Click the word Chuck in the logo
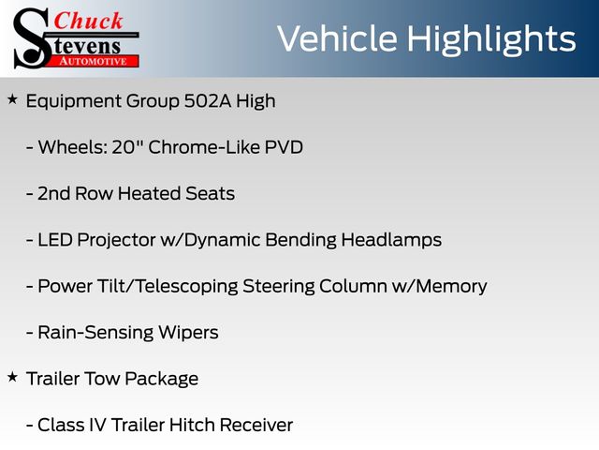[x=88, y=21]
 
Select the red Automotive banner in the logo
[x=94, y=61]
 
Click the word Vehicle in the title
[x=337, y=38]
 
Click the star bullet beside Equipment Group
[x=12, y=99]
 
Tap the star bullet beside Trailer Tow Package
[x=12, y=377]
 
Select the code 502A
[x=208, y=101]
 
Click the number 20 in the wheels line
[x=123, y=147]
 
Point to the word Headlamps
[x=391, y=240]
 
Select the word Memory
[x=451, y=287]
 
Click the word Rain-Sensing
[x=95, y=333]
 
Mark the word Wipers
[x=188, y=333]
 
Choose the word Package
[x=161, y=379]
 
